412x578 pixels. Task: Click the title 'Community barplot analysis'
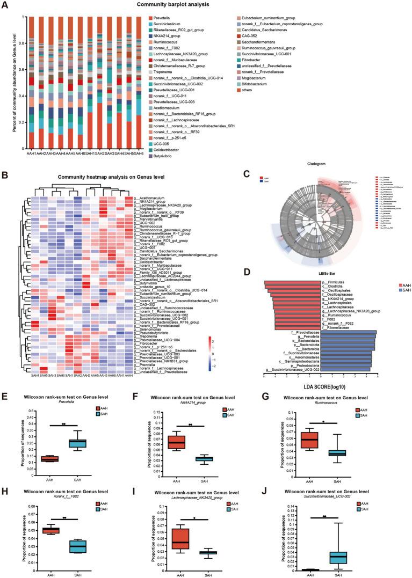pyautogui.click(x=206, y=5)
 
